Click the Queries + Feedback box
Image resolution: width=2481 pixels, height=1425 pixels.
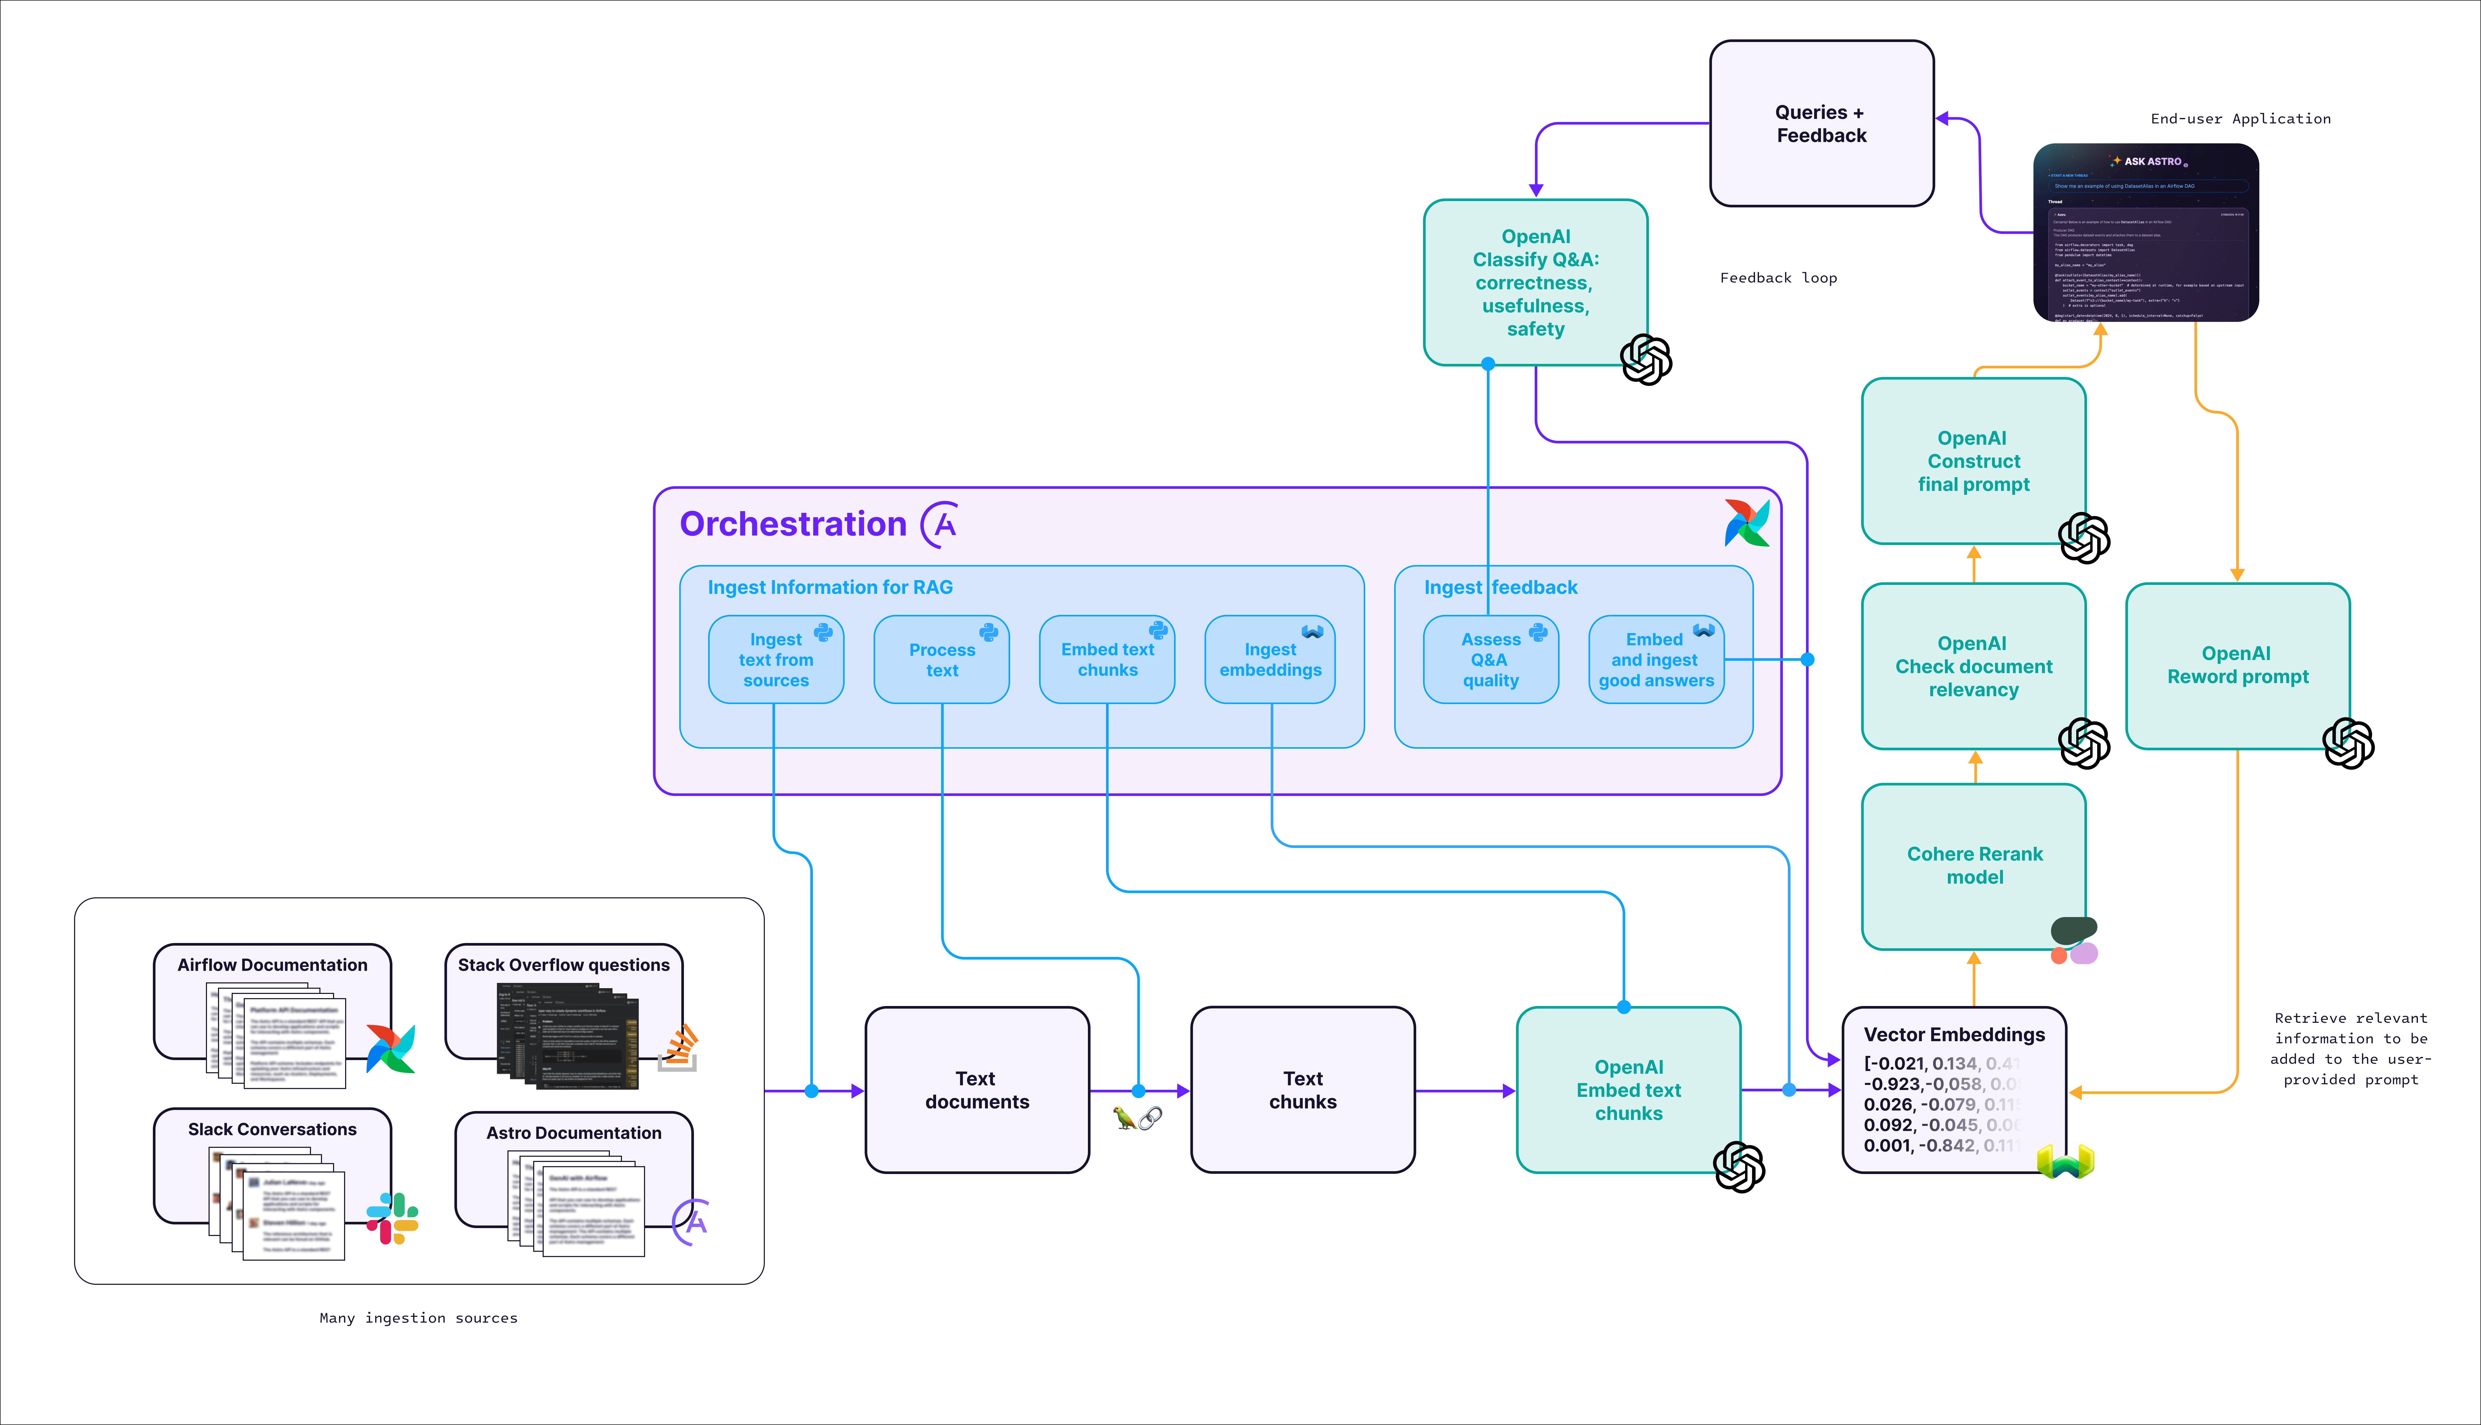click(x=1821, y=123)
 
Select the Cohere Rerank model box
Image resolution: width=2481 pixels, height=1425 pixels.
click(x=1974, y=865)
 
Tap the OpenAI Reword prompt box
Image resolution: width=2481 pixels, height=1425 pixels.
click(x=2237, y=666)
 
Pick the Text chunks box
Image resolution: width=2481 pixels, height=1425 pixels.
click(x=1302, y=1089)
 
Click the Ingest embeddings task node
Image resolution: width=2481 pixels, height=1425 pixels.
click(x=1270, y=660)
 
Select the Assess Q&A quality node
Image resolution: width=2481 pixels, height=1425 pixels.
click(x=1490, y=660)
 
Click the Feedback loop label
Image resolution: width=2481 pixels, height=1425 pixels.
click(x=1778, y=278)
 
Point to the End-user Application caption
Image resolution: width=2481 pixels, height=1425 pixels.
click(x=2240, y=118)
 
